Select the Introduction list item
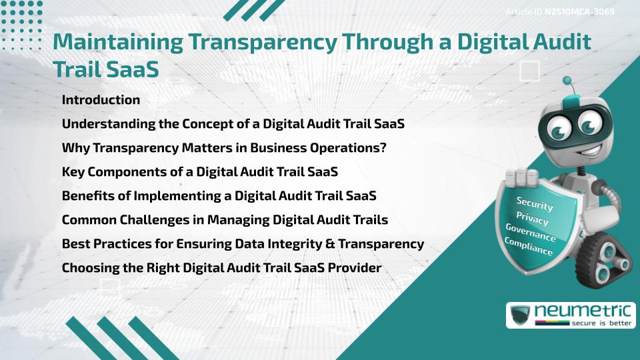click(x=101, y=100)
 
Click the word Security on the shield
click(x=535, y=204)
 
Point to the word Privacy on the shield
click(x=532, y=218)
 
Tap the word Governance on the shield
click(x=530, y=233)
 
